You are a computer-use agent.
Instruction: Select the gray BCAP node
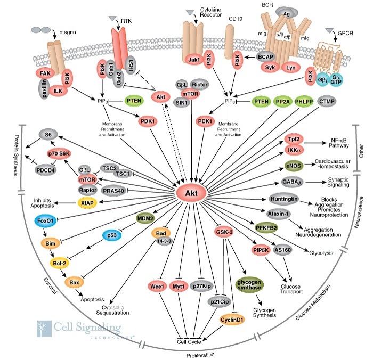click(x=265, y=56)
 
